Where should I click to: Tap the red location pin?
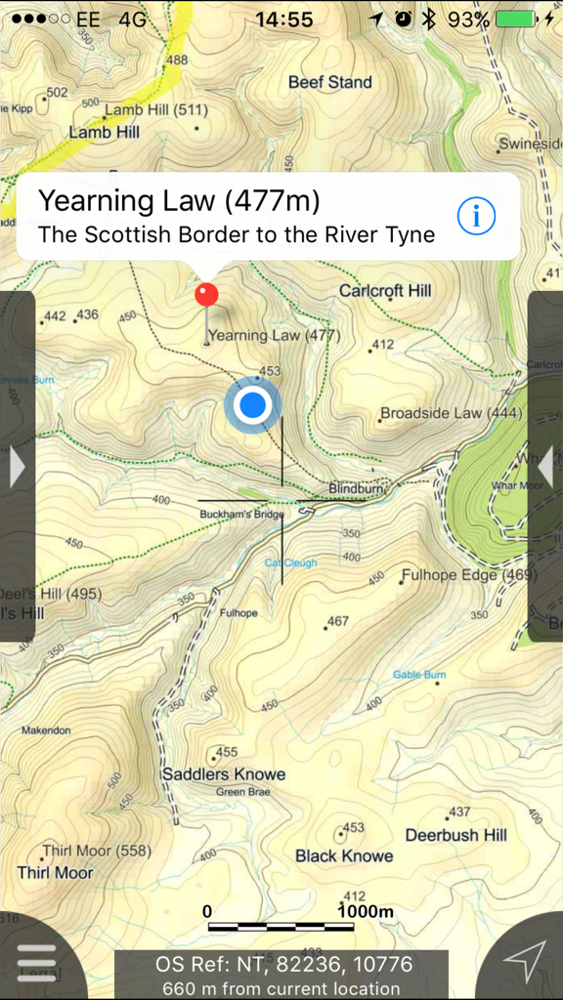pos(206,294)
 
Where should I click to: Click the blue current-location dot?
pos(253,404)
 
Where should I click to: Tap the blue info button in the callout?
pos(476,216)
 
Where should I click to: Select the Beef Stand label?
pos(329,83)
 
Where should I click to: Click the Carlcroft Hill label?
pos(385,291)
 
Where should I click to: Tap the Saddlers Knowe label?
pos(224,774)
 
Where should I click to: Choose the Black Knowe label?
pos(344,855)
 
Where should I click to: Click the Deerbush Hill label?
pos(456,835)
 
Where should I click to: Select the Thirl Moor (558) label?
pos(99,851)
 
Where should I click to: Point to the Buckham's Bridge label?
pos(240,514)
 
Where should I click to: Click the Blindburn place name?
pos(352,487)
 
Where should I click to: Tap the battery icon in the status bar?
pos(519,20)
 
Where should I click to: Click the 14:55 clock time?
pos(284,20)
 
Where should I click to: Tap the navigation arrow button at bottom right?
pos(526,961)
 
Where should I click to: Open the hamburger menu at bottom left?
pos(37,962)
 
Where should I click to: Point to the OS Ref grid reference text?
pos(283,964)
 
